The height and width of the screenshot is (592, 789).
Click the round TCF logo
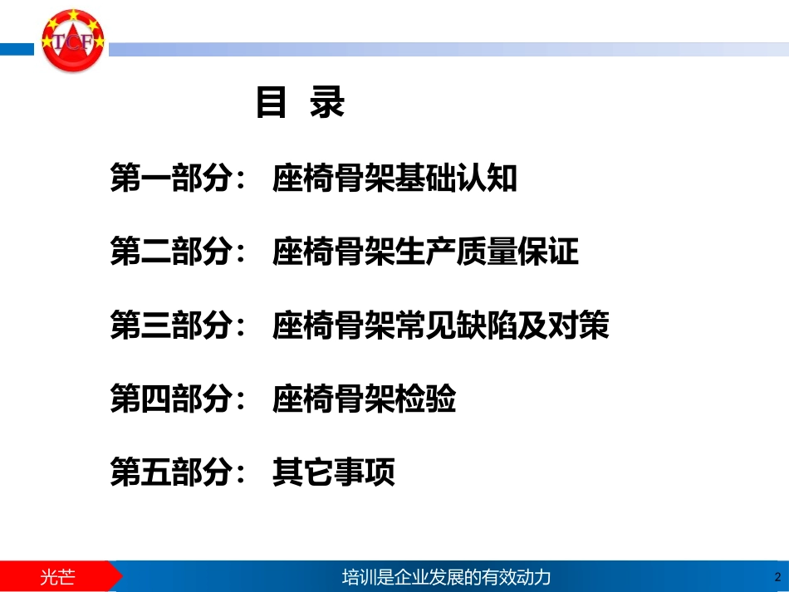(73, 42)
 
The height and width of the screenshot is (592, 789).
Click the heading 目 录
(300, 103)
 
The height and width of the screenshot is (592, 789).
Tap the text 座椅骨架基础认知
(394, 179)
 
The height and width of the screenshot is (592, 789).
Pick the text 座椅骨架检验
(364, 401)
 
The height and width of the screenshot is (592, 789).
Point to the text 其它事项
(333, 474)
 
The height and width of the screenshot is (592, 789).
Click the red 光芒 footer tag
(58, 576)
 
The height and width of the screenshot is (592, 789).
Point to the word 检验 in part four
(425, 401)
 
